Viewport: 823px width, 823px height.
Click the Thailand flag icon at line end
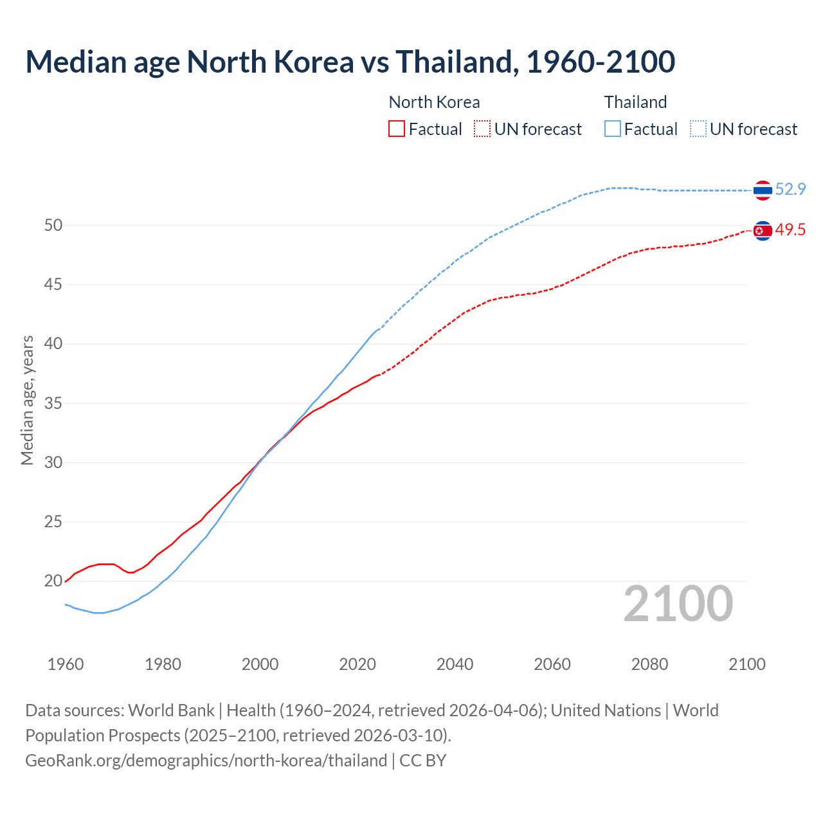(763, 190)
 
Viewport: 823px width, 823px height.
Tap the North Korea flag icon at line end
(763, 231)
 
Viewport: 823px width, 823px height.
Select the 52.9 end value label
(790, 190)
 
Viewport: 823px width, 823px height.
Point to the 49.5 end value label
(790, 230)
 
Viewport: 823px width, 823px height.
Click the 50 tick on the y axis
(53, 225)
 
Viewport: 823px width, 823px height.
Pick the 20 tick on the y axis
(53, 581)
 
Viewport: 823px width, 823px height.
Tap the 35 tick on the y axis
(53, 403)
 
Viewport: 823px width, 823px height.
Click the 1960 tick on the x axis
(66, 664)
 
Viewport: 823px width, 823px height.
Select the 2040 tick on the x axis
(455, 664)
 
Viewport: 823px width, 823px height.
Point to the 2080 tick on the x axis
(649, 664)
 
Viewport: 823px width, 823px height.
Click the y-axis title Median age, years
(27, 400)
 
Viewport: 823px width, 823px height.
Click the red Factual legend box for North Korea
(397, 129)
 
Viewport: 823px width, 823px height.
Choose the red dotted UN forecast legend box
(482, 129)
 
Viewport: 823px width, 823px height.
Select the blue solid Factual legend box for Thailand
(613, 129)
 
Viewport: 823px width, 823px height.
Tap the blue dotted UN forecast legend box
(698, 129)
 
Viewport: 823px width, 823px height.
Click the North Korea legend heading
(434, 102)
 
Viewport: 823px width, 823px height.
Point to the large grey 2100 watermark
(678, 604)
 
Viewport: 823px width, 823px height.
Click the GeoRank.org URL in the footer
(206, 761)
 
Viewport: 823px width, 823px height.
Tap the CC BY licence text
(423, 761)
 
